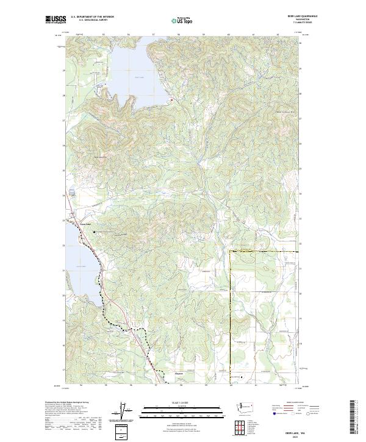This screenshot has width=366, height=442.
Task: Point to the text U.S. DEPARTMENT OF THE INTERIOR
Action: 92,16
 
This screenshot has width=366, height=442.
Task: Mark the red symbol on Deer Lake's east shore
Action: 172,99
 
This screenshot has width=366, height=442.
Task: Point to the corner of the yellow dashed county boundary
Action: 229,251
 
